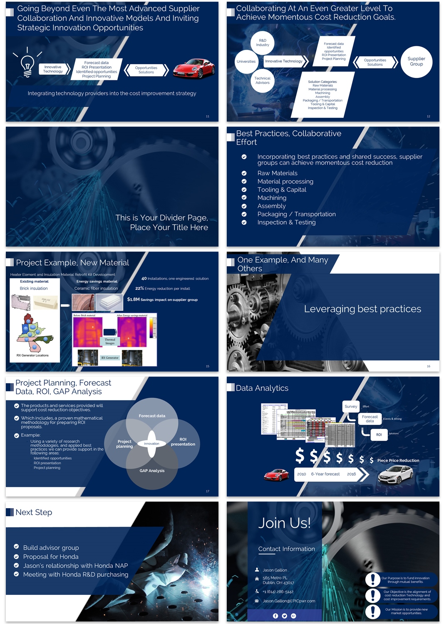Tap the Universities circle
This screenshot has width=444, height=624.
[246, 62]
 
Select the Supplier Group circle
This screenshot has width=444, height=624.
[416, 62]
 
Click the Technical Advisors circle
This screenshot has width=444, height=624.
[262, 80]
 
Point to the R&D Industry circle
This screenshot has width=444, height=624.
[263, 43]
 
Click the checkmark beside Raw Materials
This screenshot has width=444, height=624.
[244, 173]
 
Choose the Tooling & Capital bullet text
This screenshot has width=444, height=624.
[282, 190]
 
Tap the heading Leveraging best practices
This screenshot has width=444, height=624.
[362, 309]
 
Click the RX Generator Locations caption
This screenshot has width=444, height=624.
[32, 355]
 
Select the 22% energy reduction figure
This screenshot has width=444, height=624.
[140, 288]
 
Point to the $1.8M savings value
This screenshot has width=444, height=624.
[133, 300]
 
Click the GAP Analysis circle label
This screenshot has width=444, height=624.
[152, 471]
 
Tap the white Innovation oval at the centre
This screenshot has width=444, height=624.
[151, 444]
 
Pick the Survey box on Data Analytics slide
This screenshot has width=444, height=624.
[351, 407]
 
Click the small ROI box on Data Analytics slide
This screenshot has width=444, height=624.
[379, 434]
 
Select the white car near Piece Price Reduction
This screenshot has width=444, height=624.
[395, 474]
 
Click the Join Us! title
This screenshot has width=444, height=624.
[284, 523]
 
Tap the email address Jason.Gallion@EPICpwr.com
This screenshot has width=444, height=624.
[289, 601]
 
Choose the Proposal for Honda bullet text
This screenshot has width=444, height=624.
[51, 557]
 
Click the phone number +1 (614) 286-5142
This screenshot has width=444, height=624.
[278, 592]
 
